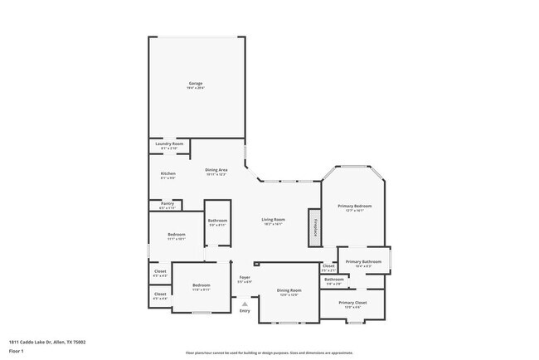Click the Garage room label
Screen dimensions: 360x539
[x=196, y=85]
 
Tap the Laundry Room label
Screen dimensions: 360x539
[x=168, y=146]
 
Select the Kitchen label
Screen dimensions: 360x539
[x=168, y=174]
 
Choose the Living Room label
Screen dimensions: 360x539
[x=273, y=221]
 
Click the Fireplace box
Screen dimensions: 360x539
[x=315, y=226]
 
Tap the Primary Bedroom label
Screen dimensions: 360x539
[x=354, y=207]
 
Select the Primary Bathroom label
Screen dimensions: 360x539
[x=363, y=263]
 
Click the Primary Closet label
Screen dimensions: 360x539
[x=352, y=304]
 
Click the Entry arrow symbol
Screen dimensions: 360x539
[x=245, y=303]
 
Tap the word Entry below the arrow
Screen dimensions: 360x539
[x=245, y=311]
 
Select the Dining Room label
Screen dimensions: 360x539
[x=289, y=291]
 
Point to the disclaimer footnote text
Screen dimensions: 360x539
[x=269, y=352]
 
